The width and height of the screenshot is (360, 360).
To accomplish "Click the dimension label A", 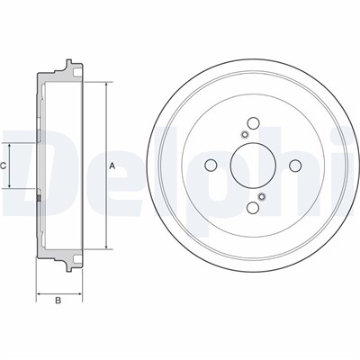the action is point(112,166).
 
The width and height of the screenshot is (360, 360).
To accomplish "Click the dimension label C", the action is point(3,166).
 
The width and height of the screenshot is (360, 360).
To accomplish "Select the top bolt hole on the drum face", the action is point(253,122).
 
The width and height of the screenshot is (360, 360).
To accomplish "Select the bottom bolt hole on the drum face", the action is point(253,207).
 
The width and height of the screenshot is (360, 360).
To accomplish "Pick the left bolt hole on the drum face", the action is point(211,165).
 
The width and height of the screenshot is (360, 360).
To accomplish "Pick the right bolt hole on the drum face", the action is point(295,165).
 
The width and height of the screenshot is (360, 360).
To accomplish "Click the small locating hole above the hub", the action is point(245,134).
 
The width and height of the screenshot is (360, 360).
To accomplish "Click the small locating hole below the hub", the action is point(262,196).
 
